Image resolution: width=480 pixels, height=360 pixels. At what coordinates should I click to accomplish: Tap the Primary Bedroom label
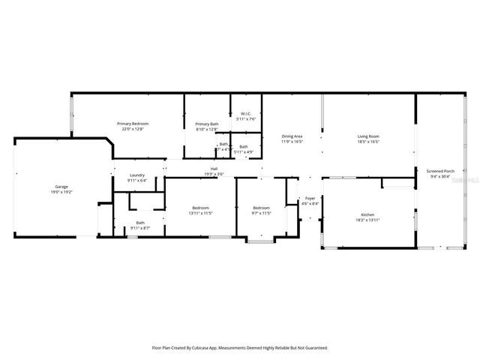133,123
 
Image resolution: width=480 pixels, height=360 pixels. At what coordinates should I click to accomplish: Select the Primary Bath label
207,124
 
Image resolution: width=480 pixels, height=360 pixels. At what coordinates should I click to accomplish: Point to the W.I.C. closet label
246,114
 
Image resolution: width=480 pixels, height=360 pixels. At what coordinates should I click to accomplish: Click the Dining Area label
292,136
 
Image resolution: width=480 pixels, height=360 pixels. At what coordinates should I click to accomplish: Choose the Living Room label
367,136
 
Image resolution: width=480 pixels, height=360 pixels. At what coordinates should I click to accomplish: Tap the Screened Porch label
440,171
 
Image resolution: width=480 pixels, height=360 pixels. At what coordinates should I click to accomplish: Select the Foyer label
310,199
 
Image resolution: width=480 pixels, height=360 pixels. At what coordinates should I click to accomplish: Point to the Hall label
214,169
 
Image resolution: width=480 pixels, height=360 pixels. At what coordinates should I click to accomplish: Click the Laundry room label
136,175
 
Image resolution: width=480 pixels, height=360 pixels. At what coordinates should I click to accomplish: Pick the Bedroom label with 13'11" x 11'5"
200,208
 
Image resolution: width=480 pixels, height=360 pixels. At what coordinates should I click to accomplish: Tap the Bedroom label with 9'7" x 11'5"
261,208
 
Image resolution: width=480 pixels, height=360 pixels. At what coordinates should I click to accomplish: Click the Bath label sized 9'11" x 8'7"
140,222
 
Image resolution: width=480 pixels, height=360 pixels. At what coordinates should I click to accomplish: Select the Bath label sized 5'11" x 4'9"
244,146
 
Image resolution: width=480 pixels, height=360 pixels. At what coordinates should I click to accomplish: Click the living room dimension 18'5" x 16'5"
367,141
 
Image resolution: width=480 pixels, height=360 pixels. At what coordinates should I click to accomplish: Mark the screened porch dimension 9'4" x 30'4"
440,176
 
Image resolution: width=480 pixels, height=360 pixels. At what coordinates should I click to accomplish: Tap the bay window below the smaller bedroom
261,242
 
